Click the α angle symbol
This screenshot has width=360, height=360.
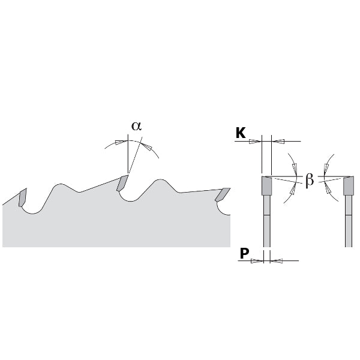tap(136, 126)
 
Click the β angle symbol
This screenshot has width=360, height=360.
tap(310, 179)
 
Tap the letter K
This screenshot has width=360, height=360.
tap(241, 133)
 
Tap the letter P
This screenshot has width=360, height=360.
tap(244, 254)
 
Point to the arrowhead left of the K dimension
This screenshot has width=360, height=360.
tap(257, 141)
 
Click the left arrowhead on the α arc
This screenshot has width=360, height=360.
tap(121, 142)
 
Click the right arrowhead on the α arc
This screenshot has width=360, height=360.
tap(148, 146)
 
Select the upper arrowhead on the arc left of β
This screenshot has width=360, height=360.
tap(292, 167)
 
